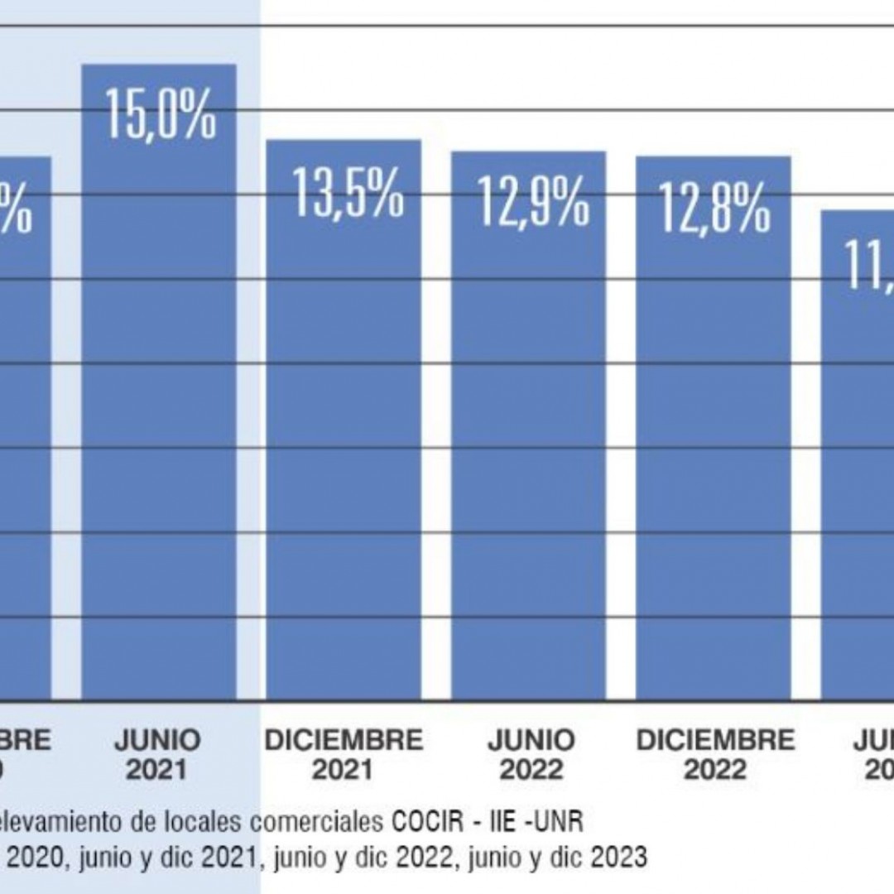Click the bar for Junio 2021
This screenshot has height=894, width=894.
pyautogui.click(x=158, y=414)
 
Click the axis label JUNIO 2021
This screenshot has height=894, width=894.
pyautogui.click(x=157, y=755)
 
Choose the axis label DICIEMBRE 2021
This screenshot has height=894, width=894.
pyautogui.click(x=344, y=755)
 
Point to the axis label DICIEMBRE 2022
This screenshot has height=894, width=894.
pyautogui.click(x=714, y=755)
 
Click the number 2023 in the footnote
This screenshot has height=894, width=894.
pyautogui.click(x=620, y=858)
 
